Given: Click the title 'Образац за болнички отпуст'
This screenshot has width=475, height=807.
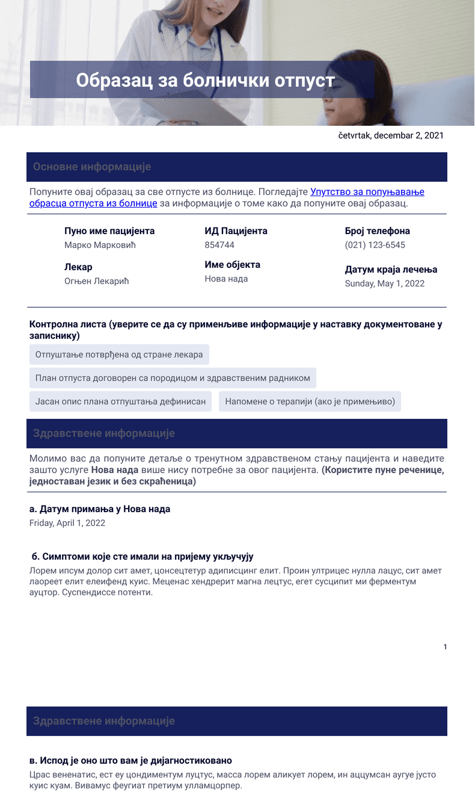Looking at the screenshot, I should coord(205,80).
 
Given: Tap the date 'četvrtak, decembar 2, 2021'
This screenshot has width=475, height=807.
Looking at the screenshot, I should coord(391,135).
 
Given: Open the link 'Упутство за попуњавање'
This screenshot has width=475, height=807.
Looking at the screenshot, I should coord(367,192).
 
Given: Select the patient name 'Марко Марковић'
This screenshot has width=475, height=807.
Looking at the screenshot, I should coord(100,245).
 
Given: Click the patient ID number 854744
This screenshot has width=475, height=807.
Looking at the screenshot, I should coord(219,245).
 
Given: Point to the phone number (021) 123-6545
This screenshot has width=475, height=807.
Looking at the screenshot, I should coord(375,245).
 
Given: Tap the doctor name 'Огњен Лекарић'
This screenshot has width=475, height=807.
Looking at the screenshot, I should coord(97,281).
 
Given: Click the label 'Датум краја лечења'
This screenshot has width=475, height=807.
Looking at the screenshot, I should coord(391,270).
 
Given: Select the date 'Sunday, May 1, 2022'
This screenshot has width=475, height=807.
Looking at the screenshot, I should coord(384,283).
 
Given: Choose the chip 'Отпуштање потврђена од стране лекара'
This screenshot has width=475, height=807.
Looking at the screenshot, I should coord(119,354).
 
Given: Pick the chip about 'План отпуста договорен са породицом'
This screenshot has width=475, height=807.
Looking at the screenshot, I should coord(173,378).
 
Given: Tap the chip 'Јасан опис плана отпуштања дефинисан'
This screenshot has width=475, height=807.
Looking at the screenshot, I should coord(120,401).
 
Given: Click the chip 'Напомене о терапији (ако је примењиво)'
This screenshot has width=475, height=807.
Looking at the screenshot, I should coord(310,401).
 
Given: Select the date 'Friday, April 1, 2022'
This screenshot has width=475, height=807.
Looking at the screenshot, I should coord(67,523).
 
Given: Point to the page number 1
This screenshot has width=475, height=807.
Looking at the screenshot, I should coord(445,647).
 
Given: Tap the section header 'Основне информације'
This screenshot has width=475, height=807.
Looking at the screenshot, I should coord(92,167).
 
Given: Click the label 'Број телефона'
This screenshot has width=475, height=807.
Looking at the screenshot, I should coord(377,231).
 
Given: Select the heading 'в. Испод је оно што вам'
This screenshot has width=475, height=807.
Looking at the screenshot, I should coord(130,761).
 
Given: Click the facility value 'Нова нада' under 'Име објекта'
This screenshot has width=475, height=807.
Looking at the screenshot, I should coord(226,279).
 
